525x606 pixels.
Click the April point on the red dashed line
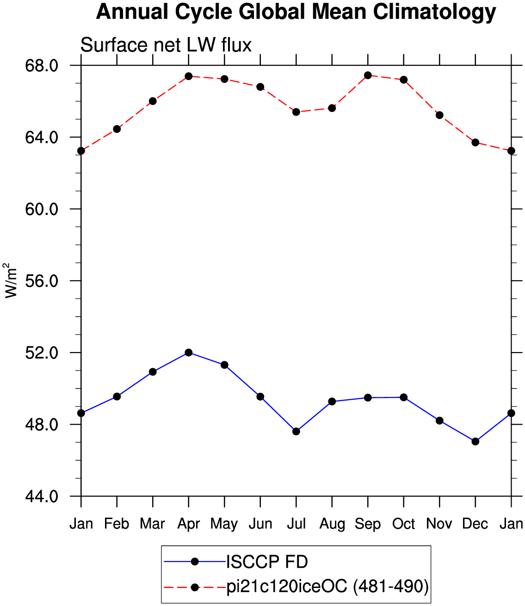pos(188,76)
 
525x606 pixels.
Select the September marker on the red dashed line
pos(368,75)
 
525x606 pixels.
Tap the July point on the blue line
pos(296,431)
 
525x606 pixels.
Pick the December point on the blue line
pos(475,441)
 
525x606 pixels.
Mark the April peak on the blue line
pos(188,352)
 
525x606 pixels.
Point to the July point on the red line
pos(296,112)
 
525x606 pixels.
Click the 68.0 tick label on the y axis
pos(42,66)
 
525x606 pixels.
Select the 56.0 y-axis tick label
pos(42,281)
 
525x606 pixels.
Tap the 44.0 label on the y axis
pos(42,496)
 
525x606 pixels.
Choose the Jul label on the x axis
pos(296,524)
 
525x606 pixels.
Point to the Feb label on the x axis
pos(117,524)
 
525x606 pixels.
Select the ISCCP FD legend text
pos(267,562)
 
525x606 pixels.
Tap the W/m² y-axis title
pos(11,281)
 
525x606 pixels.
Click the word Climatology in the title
pos(434,12)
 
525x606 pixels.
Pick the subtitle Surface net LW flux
pos(166,45)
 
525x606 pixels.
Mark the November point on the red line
pos(439,115)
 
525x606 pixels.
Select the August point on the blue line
pos(332,402)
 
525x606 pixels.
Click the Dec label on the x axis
pos(475,524)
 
